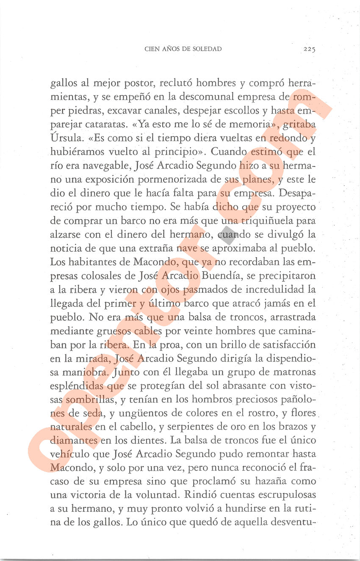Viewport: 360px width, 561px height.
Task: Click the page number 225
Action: tap(309, 49)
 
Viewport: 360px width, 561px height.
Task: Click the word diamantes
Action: tap(74, 441)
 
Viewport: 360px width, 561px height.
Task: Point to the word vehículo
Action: tap(69, 454)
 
